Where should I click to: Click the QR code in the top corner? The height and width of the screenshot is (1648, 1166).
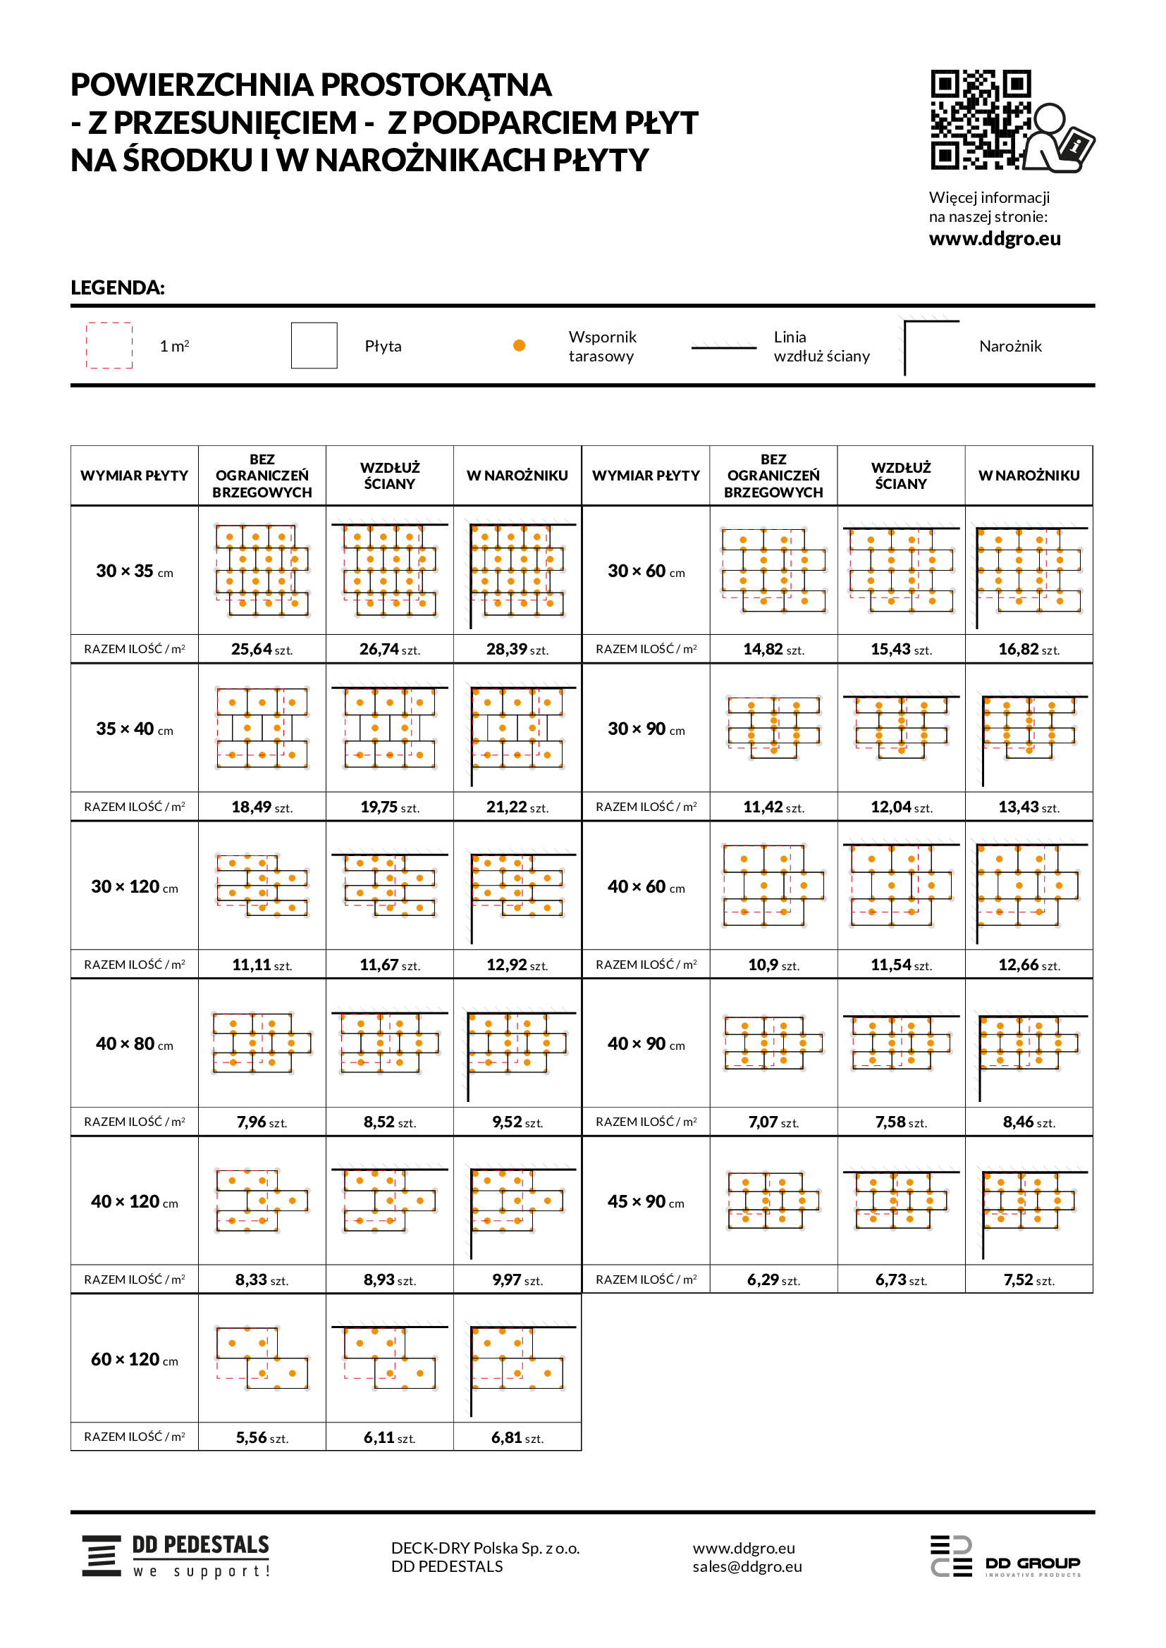click(x=981, y=120)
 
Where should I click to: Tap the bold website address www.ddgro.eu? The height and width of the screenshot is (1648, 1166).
click(x=995, y=239)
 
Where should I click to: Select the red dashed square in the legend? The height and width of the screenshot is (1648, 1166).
click(x=109, y=345)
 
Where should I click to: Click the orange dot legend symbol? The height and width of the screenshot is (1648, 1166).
click(x=519, y=346)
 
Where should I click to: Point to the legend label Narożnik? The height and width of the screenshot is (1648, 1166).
click(x=1009, y=347)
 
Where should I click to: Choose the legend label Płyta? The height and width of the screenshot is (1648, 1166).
click(x=383, y=347)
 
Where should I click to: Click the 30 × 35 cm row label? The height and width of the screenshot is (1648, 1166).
click(x=134, y=571)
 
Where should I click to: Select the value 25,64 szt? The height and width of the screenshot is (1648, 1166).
click(x=262, y=650)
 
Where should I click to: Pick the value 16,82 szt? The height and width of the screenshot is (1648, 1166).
click(x=1028, y=650)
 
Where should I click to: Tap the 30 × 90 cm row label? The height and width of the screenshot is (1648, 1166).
click(x=646, y=729)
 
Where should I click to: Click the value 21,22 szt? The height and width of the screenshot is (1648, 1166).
click(x=517, y=807)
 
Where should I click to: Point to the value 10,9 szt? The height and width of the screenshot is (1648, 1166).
click(x=773, y=965)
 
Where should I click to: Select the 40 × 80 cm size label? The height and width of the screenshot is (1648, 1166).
click(x=134, y=1044)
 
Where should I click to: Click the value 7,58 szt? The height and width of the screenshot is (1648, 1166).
click(x=900, y=1122)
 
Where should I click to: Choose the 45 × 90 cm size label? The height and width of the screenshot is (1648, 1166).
click(x=646, y=1202)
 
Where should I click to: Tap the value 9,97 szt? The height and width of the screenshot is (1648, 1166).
click(x=517, y=1280)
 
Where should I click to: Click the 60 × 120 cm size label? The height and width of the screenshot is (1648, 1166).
click(x=134, y=1360)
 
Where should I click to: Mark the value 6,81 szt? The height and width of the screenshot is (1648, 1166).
click(x=517, y=1439)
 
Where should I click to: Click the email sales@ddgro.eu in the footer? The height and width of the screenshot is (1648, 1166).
click(x=747, y=1567)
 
